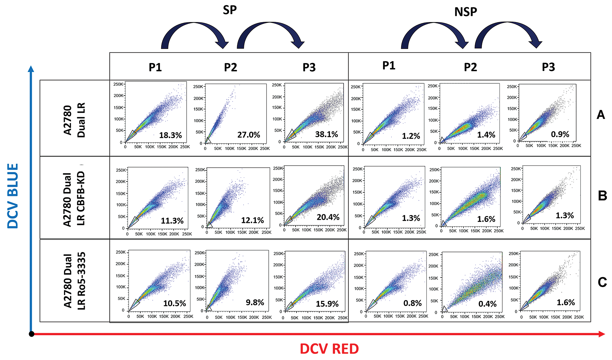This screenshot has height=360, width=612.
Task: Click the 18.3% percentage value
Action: point(170,135)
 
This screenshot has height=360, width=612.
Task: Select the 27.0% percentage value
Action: point(248,135)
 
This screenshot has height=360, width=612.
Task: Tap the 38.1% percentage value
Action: point(327,134)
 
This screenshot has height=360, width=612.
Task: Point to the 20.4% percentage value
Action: point(328,217)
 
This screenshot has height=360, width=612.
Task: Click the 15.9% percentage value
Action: point(327,304)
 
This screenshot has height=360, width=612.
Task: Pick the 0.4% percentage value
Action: point(487,304)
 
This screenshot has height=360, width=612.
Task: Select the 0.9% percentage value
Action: point(560,134)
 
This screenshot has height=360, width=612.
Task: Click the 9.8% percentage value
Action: point(255,303)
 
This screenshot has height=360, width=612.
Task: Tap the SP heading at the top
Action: point(230,10)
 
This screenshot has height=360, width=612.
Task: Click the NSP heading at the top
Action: point(465,12)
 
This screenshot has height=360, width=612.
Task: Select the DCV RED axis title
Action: point(329,349)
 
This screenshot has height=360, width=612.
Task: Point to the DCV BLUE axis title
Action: point(13,196)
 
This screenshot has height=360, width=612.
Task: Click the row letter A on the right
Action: point(601,115)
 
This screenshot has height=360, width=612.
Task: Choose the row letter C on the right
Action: point(602,282)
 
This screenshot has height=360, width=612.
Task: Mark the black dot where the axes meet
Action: point(31,334)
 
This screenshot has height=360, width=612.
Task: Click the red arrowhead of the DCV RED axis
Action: point(602,334)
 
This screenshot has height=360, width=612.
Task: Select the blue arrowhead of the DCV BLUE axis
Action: point(31,69)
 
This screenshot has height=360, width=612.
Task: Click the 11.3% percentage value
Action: point(172,221)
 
